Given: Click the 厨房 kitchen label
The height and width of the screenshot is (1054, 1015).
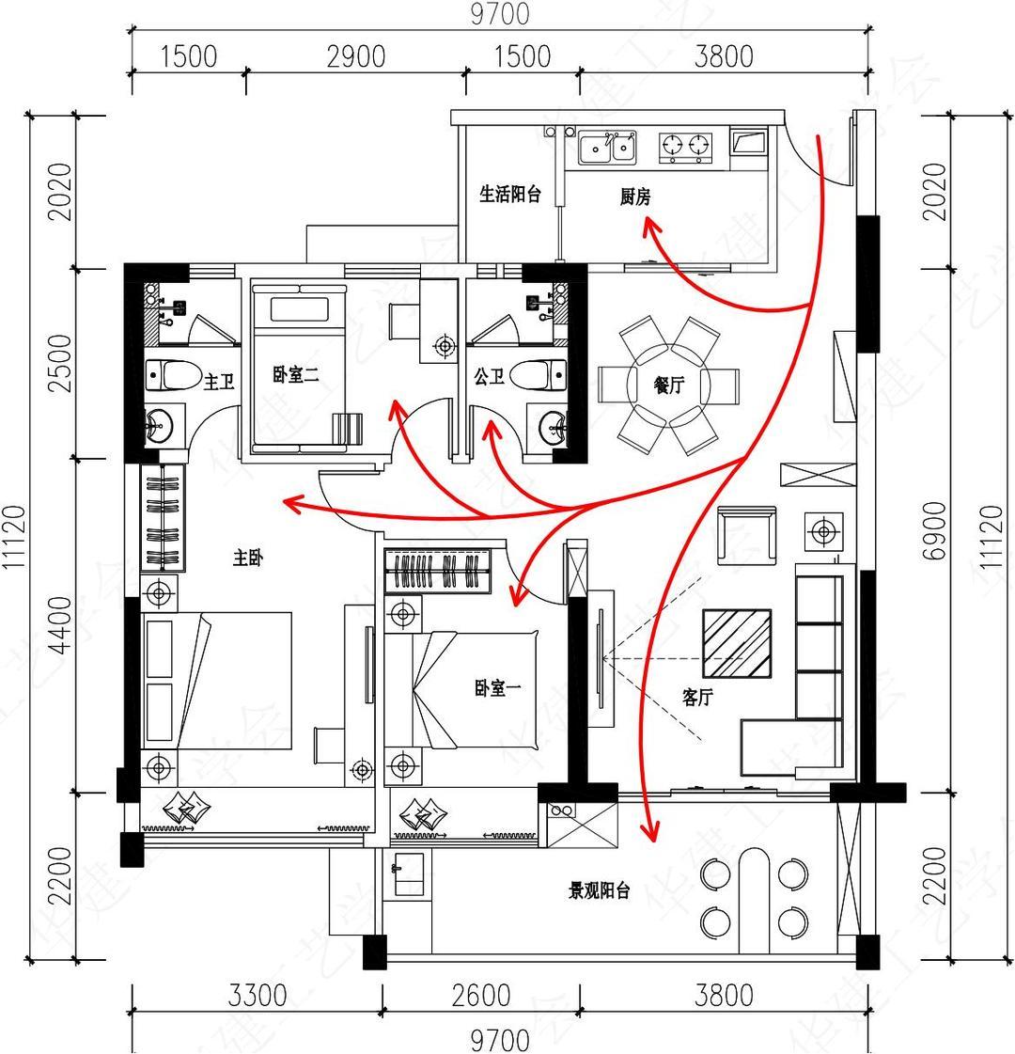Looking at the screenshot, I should tap(635, 197).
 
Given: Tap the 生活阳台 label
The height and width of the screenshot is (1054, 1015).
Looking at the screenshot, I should tap(510, 195).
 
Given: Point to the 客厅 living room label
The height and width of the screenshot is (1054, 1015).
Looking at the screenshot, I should tap(700, 697).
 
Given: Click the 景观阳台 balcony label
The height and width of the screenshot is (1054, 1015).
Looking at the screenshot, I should tap(599, 891).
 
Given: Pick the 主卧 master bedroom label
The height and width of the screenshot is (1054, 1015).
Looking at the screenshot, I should tap(248, 558).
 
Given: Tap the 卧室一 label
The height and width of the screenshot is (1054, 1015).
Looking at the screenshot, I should tap(498, 689).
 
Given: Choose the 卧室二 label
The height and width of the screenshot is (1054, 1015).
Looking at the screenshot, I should tap(296, 375).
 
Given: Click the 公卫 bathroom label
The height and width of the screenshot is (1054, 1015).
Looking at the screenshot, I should tap(490, 377).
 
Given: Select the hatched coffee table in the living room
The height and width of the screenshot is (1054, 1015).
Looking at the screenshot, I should tap(739, 644).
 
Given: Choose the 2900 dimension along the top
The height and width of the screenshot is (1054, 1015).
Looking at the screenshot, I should tap(357, 56).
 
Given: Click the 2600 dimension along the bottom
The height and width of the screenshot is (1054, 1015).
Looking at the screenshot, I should tap(479, 995).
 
